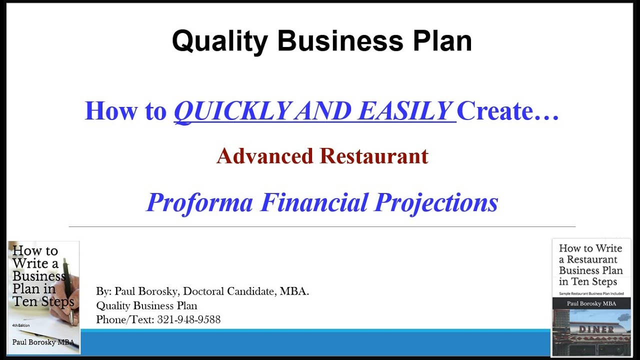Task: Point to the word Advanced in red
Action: pos(265,156)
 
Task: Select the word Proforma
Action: pos(200,202)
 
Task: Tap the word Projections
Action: pos(436,202)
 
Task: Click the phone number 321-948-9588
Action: pos(189,319)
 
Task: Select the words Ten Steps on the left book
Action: pos(43,301)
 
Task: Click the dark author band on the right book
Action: pos(590,303)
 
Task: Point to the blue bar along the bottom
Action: pos(315,342)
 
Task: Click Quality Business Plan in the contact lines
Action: pos(146,305)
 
